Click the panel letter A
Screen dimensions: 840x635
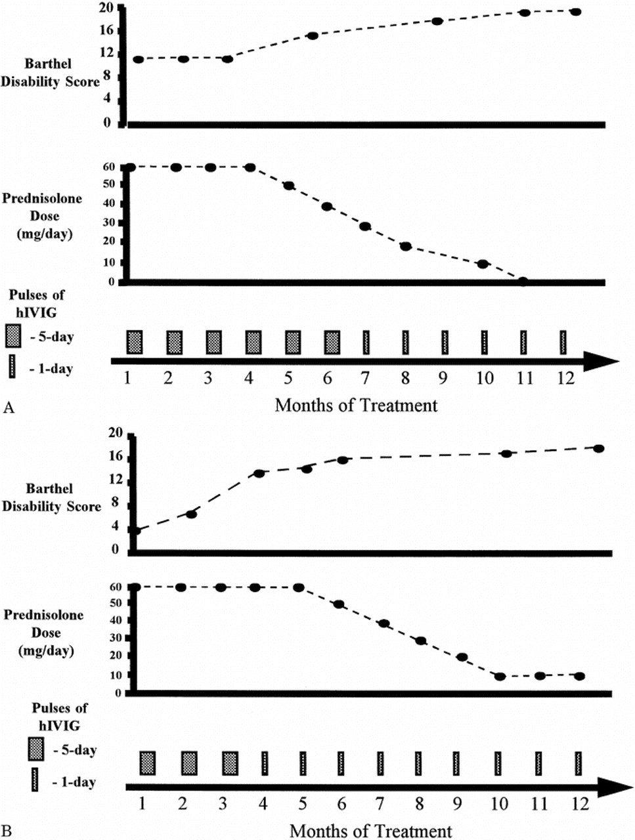pos(9,408)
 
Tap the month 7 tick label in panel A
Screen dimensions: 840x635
pos(366,379)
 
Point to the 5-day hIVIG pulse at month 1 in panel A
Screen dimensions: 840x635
pos(135,342)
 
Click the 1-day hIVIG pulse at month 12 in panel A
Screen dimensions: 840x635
pos(563,342)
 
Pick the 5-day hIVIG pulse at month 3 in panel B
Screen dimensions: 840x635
pos(230,763)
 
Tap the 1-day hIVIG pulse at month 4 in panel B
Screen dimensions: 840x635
pos(265,763)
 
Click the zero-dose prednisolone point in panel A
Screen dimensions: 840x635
pos(523,282)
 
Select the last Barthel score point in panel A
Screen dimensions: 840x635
pos(576,12)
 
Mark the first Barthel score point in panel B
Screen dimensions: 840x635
pos(135,530)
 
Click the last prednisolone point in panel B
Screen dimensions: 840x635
pos(579,676)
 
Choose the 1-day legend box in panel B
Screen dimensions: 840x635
pos(35,781)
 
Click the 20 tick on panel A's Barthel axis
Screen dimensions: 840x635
pos(106,8)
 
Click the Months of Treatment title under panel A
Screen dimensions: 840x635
pos(356,405)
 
